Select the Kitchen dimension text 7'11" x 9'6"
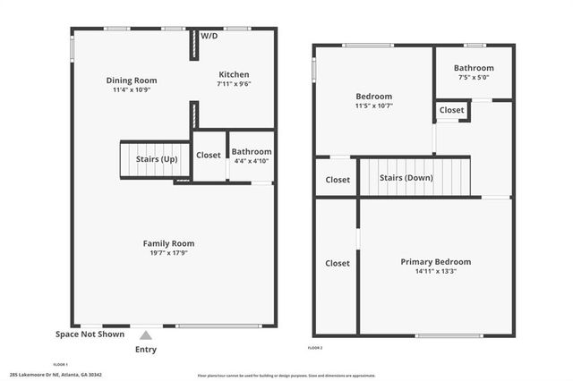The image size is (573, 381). coord(234,84)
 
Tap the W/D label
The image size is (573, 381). coord(209,36)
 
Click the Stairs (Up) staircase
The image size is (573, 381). coord(155,159)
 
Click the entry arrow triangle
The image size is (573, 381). coord(146,335)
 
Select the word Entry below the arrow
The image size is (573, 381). coord(146,350)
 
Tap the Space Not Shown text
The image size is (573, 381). coord(90,334)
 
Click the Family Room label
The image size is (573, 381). coord(168,243)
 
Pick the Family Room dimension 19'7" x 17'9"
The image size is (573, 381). coord(168,253)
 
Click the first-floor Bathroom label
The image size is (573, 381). coord(251,152)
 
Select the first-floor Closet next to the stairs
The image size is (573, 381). coord(208,155)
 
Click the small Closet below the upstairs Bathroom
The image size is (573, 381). coord(452,110)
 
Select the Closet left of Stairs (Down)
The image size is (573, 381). coord(338,180)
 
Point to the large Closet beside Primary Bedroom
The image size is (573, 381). coord(338,263)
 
